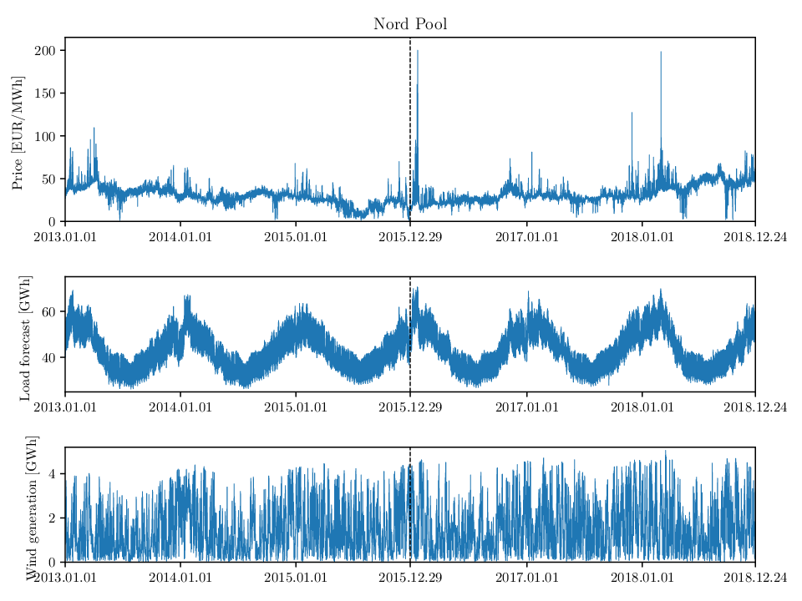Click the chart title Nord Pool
pos(410,24)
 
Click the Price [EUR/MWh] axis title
pos(18,133)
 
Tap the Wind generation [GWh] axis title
pos(32,508)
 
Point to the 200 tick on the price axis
pos(44,51)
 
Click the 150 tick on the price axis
pos(44,93)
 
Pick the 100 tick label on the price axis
pos(44,136)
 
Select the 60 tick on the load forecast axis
pos(48,311)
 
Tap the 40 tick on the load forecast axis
pos(48,358)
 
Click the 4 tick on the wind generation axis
pos(52,474)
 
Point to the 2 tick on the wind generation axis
pos(52,518)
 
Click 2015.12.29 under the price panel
pos(410,237)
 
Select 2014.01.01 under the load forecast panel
pos(180,407)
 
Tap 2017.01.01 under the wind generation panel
pos(527,578)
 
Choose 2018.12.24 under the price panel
pos(755,237)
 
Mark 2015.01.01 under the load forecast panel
pos(296,407)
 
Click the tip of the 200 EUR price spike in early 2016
pos(418,51)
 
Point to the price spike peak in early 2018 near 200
pos(661,52)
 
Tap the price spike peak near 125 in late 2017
pos(632,113)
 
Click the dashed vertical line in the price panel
pos(410,129)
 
